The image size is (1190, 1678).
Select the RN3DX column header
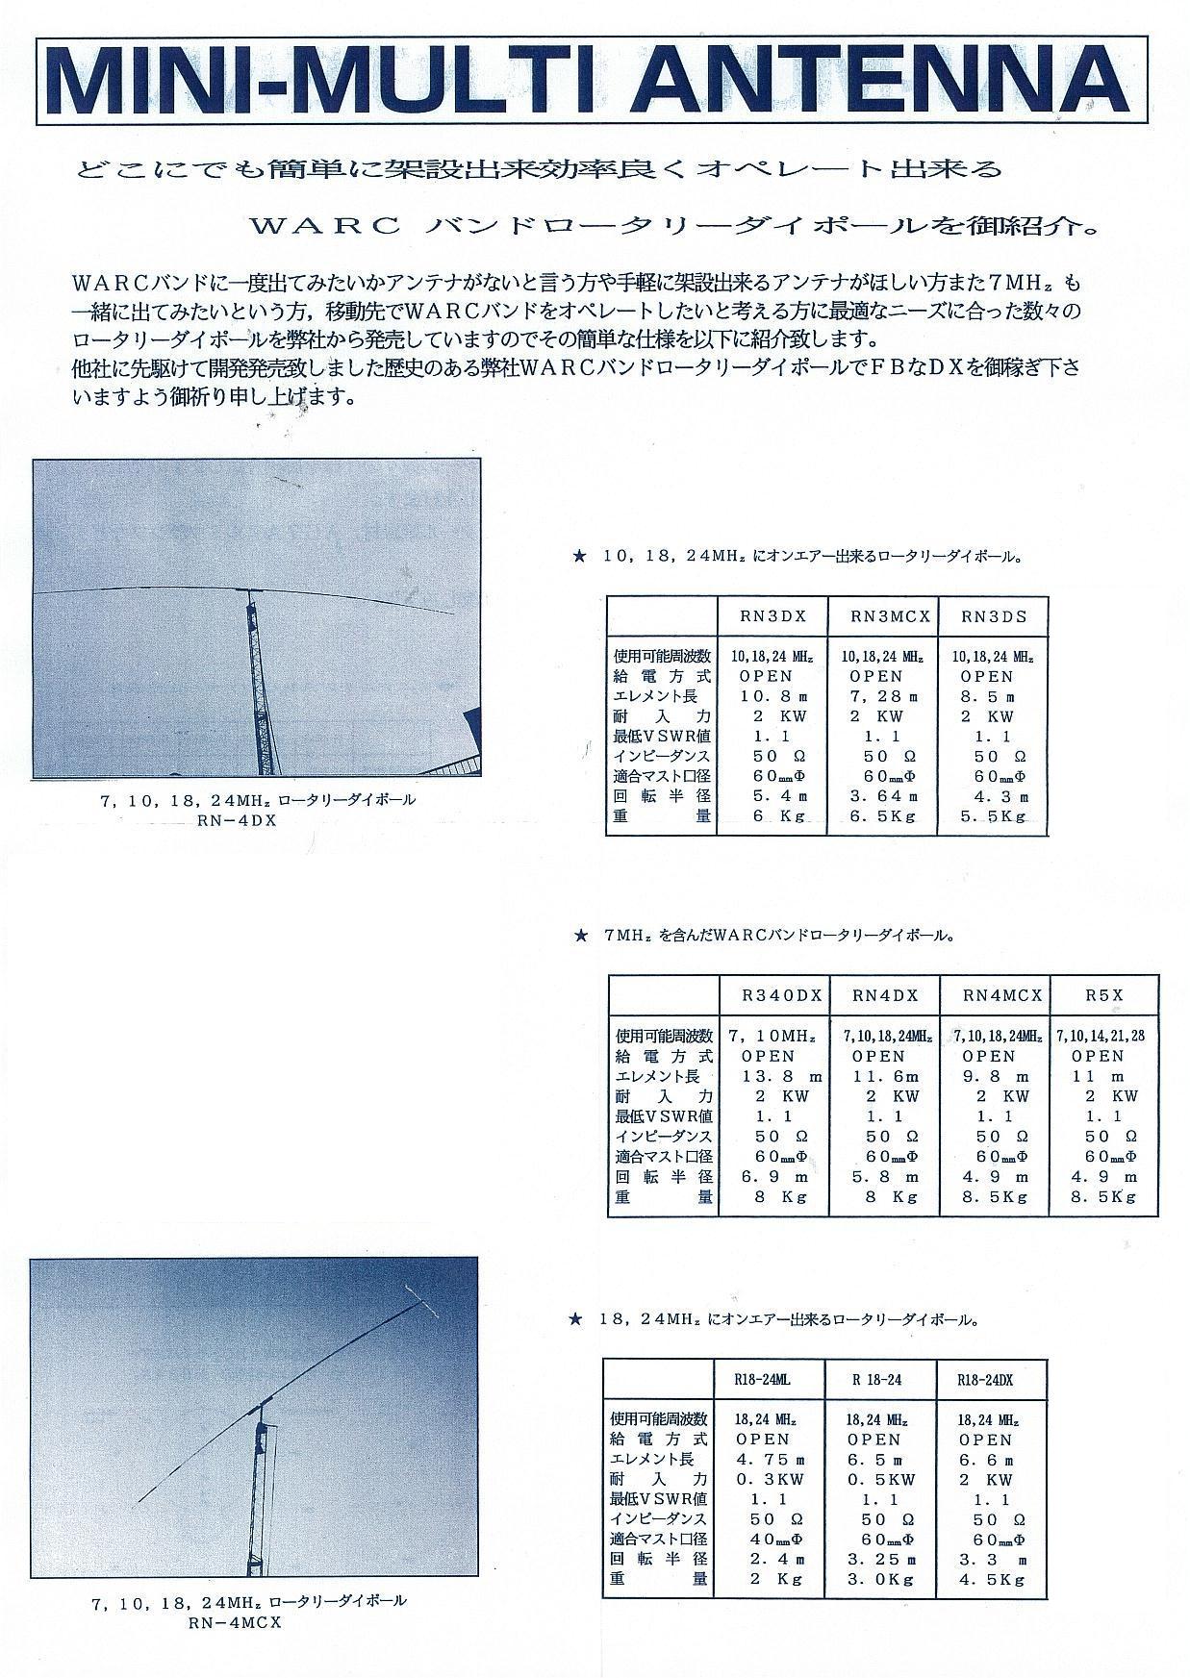[772, 616]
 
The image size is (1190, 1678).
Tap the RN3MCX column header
[882, 616]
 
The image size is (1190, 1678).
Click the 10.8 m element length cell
[772, 696]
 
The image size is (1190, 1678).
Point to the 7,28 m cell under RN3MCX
[882, 696]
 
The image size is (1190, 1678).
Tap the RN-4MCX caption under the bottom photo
[249, 1620]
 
